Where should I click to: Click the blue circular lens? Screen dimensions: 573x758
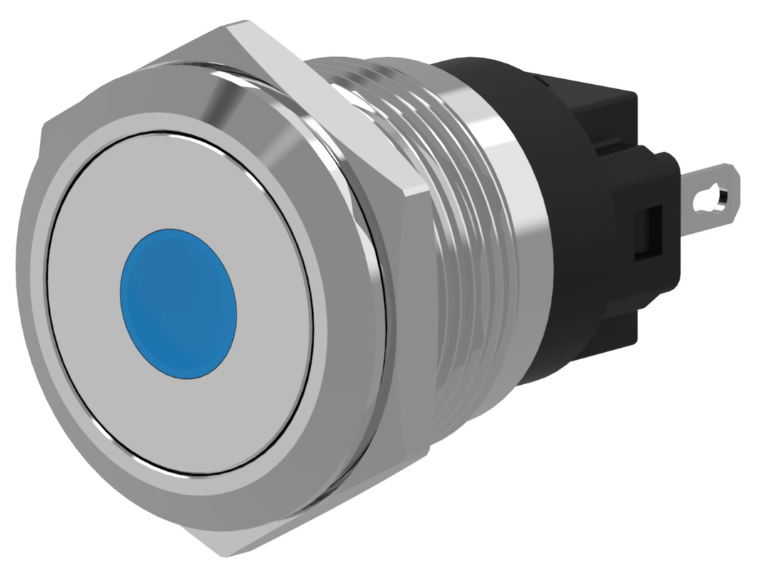click(x=179, y=302)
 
